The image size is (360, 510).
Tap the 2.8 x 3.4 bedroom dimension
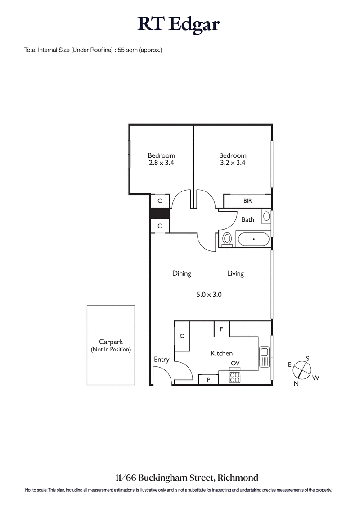161,164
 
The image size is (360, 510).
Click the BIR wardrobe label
247,201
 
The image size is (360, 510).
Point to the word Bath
247,219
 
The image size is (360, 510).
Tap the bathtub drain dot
254,239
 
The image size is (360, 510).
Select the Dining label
182,273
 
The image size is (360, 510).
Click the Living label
235,273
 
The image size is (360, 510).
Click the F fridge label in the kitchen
221,329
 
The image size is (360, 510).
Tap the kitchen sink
264,357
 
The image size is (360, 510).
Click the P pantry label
209,380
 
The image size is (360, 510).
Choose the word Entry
162,360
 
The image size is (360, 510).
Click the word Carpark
111,342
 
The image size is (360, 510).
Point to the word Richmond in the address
240,478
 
